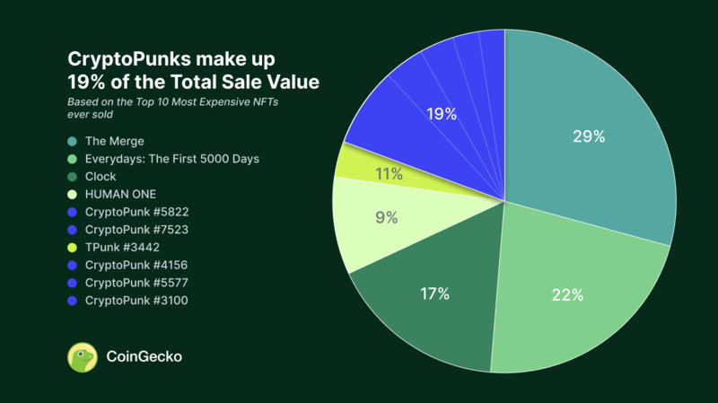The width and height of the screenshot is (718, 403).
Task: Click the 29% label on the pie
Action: (x=589, y=136)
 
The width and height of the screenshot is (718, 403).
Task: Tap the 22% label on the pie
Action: (x=567, y=294)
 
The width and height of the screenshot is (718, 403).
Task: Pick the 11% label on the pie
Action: (x=389, y=174)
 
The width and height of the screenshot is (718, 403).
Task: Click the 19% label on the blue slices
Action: (x=442, y=114)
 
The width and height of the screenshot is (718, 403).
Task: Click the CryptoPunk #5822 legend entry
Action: (x=137, y=212)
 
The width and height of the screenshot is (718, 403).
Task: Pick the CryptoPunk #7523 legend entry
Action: (x=137, y=230)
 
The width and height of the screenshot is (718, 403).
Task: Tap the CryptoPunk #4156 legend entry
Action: (x=137, y=265)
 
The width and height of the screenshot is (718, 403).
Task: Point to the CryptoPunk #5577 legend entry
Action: (x=137, y=283)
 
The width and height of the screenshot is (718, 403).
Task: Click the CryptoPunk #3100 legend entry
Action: (x=137, y=300)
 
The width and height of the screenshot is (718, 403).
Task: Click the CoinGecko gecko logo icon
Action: (x=83, y=356)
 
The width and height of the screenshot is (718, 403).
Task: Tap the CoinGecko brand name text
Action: (x=144, y=356)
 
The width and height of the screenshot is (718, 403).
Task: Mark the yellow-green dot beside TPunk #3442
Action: (x=73, y=248)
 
